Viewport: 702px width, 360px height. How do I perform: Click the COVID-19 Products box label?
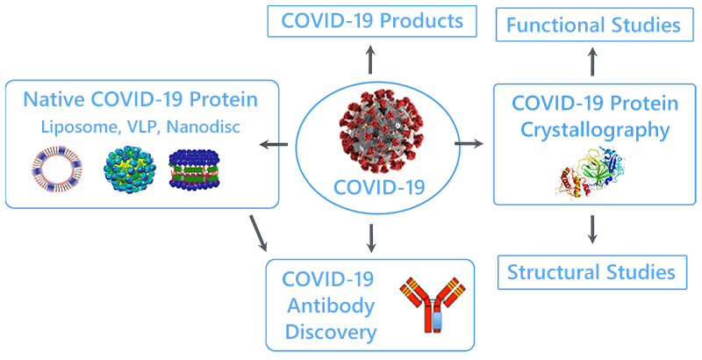(372, 21)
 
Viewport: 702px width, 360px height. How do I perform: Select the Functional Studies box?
(595, 25)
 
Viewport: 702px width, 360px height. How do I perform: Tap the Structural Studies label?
(591, 272)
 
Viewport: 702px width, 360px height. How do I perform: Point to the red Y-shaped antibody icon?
(432, 305)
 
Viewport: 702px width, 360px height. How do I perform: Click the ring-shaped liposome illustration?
(57, 169)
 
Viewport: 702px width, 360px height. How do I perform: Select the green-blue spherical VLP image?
(130, 169)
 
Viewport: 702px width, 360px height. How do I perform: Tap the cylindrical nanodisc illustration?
(194, 169)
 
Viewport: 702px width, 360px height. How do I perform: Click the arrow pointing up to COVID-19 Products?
(370, 59)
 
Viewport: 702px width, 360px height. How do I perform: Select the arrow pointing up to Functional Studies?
(592, 61)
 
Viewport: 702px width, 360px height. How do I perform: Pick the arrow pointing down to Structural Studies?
(592, 229)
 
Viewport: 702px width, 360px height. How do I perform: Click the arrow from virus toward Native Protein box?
(274, 144)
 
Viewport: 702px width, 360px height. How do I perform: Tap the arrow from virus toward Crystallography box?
(469, 143)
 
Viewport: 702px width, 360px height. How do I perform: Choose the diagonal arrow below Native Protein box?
(258, 233)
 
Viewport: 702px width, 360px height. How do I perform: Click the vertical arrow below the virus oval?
(370, 238)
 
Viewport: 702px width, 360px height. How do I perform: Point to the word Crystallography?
(595, 131)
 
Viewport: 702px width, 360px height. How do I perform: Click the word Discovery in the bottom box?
(331, 332)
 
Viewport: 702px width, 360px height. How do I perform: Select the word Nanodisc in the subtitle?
(204, 126)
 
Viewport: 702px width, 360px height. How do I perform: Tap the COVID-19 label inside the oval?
(379, 187)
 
